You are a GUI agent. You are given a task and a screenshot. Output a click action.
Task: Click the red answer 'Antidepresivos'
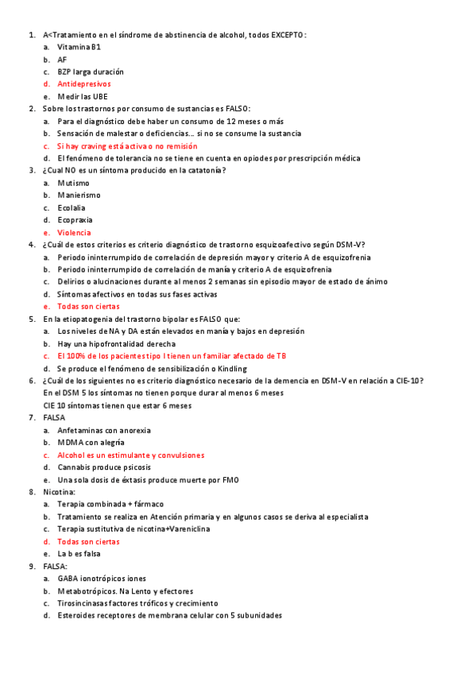(83, 83)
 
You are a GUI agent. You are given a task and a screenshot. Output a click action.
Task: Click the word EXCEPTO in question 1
(287, 35)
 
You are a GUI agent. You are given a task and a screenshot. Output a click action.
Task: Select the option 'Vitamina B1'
(79, 48)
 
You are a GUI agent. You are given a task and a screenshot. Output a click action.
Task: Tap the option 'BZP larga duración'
(90, 72)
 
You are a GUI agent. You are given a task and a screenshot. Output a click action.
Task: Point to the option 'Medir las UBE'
(82, 96)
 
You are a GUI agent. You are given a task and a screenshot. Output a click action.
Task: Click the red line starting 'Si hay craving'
(127, 146)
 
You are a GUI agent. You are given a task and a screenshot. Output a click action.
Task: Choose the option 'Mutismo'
(73, 183)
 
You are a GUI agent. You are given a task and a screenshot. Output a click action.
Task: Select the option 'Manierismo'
(79, 195)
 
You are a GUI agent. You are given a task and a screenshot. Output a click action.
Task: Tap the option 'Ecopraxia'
(75, 219)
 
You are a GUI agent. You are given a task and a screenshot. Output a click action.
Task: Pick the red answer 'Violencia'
(74, 233)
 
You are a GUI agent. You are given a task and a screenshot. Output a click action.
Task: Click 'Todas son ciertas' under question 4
(88, 306)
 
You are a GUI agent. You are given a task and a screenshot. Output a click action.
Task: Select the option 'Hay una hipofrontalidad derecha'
(114, 343)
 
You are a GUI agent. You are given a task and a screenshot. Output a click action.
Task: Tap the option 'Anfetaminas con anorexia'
(103, 430)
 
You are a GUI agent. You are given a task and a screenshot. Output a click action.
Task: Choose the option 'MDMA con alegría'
(91, 443)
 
